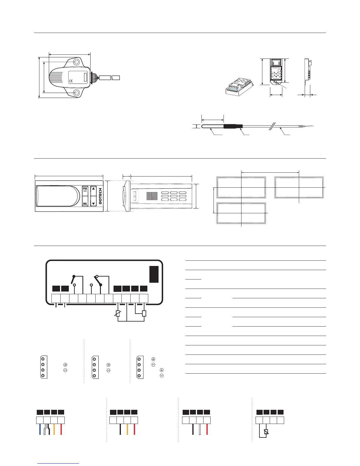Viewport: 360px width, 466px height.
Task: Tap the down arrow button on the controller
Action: coord(94,203)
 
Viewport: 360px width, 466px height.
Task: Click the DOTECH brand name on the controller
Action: coord(100,196)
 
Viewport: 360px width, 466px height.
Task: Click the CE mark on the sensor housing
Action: coord(71,81)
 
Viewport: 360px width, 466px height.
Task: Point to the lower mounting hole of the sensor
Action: coord(76,93)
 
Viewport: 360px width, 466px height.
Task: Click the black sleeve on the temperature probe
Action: coord(233,127)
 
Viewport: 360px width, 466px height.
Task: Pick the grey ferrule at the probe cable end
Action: coord(301,127)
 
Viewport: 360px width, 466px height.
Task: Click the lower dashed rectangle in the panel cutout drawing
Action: coord(241,213)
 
